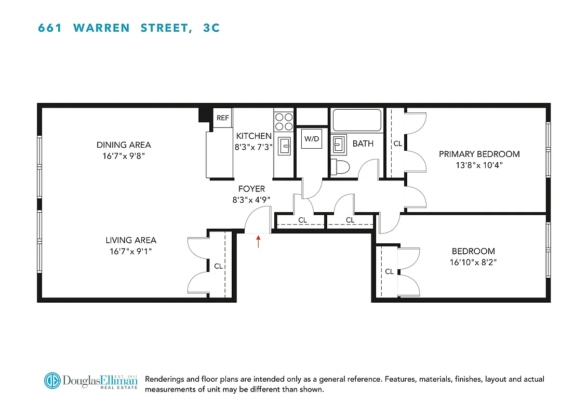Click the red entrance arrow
[258, 241]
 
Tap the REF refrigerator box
[223, 118]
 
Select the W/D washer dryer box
[312, 139]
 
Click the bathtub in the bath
[357, 120]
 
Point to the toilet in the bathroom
[341, 166]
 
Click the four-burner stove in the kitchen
[284, 122]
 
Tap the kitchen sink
[284, 146]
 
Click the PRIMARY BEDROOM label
[479, 154]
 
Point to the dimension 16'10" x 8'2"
[473, 263]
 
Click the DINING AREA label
[124, 145]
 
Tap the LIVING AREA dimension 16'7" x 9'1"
[131, 252]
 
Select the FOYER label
[251, 189]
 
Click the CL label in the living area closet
[218, 266]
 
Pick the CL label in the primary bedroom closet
[397, 144]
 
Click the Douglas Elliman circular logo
[52, 381]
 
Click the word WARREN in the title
[102, 28]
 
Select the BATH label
[363, 144]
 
